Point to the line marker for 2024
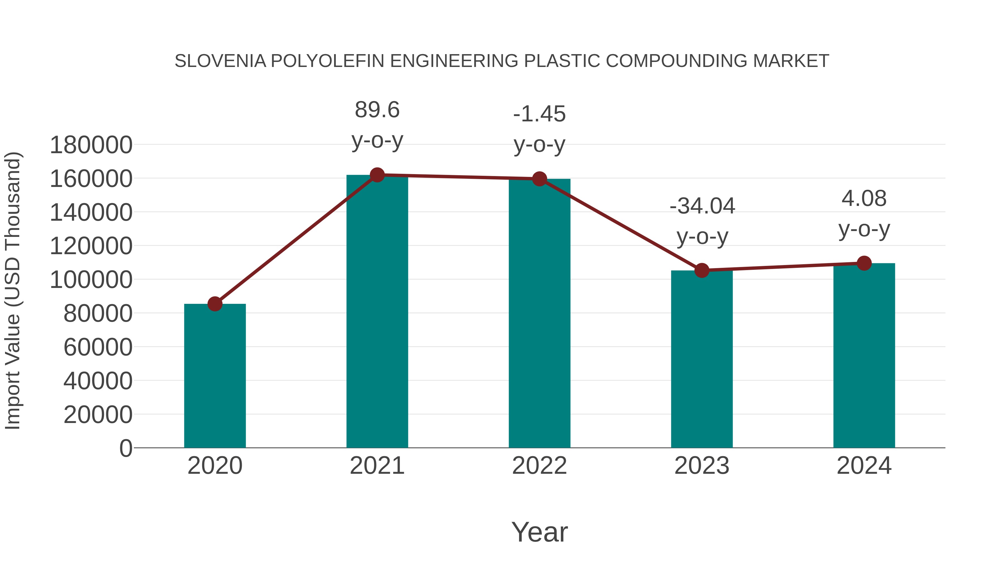(x=864, y=263)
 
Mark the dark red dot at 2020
(x=215, y=304)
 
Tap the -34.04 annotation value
(x=702, y=206)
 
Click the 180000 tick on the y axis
(x=91, y=145)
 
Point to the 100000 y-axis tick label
(x=91, y=280)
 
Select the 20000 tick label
(x=98, y=415)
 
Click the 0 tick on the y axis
(x=126, y=448)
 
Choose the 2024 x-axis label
(x=864, y=466)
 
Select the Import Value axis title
(x=13, y=290)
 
